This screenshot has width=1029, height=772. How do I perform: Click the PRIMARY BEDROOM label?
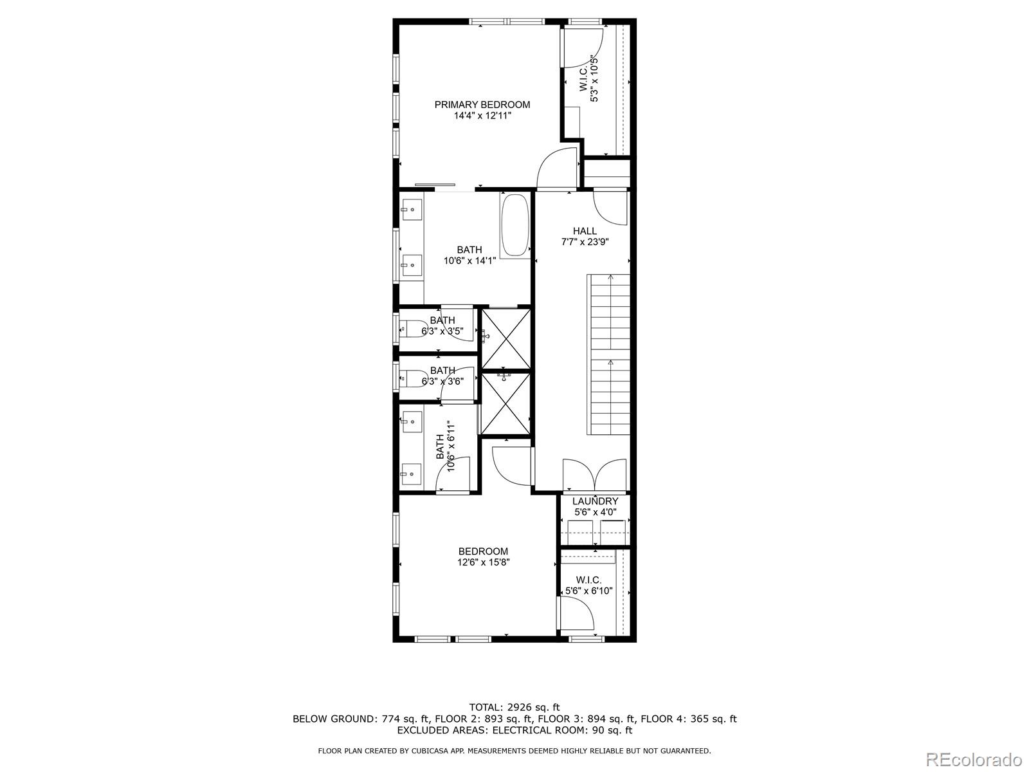pos(482,105)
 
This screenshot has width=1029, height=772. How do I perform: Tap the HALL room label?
pos(585,231)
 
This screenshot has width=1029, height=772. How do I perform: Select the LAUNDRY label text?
pos(595,501)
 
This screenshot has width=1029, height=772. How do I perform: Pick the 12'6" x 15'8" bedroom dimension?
pos(483,562)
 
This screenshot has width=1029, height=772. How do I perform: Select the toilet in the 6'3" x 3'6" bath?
pos(412,378)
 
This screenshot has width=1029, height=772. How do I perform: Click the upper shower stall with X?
pos(506,339)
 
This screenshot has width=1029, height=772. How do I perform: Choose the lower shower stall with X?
pos(506,403)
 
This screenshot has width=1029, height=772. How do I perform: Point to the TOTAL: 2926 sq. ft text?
pos(514,708)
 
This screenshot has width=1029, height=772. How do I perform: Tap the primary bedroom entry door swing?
pos(556,169)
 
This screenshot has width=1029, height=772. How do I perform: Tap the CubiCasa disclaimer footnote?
pos(514,751)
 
